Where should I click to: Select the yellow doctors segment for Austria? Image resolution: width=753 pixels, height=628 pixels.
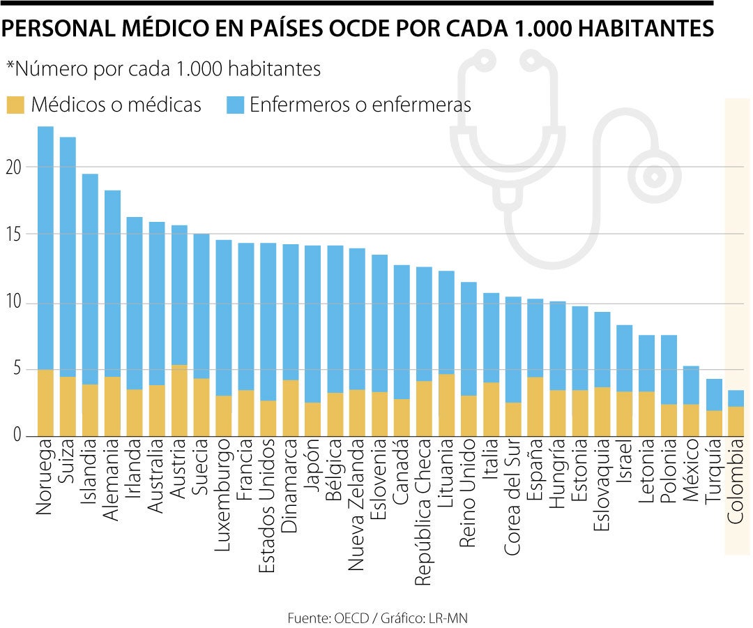click(x=179, y=401)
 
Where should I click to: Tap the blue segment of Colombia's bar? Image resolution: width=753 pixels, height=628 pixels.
click(x=736, y=398)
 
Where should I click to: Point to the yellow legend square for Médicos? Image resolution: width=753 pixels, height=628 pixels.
click(x=15, y=105)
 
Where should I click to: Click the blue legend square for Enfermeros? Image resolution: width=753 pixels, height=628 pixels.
click(x=236, y=105)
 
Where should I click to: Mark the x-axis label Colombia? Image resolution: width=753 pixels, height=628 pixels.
click(x=736, y=485)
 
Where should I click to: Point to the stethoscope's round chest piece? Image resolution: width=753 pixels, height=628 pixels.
click(x=654, y=176)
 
